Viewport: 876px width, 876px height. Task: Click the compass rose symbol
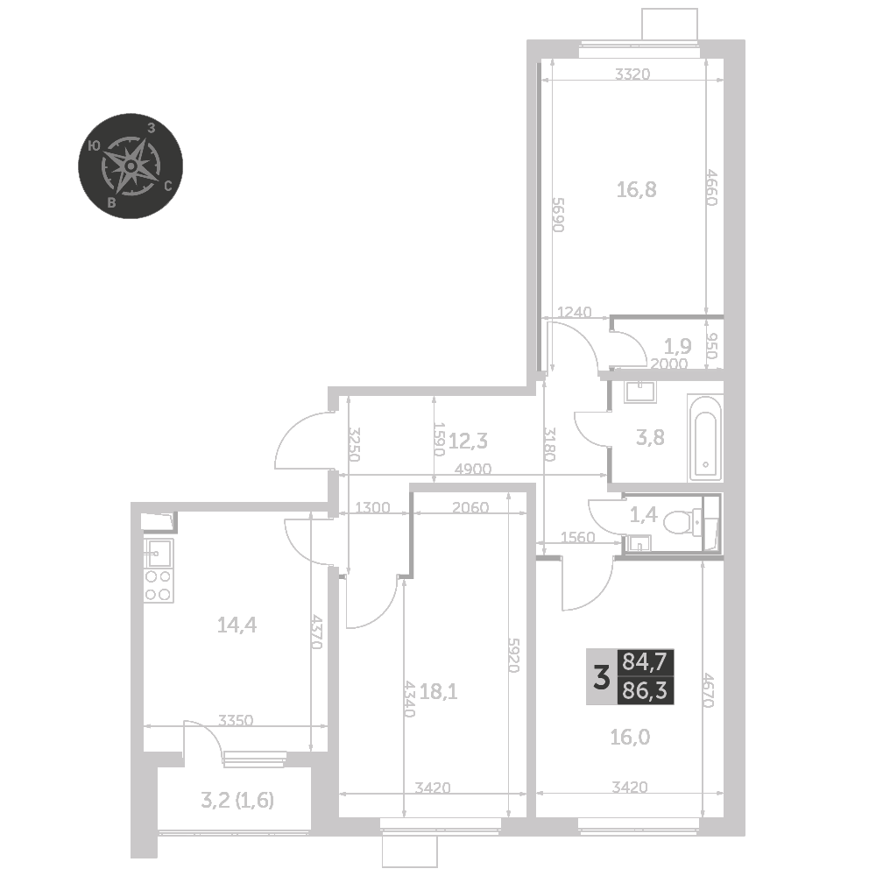pyautogui.click(x=131, y=166)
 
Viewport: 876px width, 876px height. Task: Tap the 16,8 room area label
pyautogui.click(x=636, y=190)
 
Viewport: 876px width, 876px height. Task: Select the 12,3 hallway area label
pyautogui.click(x=468, y=442)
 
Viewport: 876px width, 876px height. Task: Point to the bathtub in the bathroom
pyautogui.click(x=705, y=438)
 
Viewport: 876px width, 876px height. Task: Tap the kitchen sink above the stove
pyautogui.click(x=159, y=554)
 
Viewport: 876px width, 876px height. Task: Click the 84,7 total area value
pyautogui.click(x=645, y=662)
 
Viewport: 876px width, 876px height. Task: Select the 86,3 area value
pyautogui.click(x=645, y=691)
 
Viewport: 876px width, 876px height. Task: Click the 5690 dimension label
pyautogui.click(x=558, y=215)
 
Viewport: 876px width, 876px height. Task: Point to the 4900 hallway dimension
pyautogui.click(x=473, y=469)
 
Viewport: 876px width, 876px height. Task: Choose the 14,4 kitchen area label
pyautogui.click(x=237, y=625)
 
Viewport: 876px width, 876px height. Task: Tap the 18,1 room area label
pyautogui.click(x=439, y=692)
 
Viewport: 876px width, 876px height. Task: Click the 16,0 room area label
pyautogui.click(x=630, y=738)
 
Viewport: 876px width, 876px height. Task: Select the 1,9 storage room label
pyautogui.click(x=678, y=346)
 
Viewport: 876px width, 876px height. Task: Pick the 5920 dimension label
pyautogui.click(x=514, y=655)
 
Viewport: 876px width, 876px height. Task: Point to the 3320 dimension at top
pyautogui.click(x=632, y=74)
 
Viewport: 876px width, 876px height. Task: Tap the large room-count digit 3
pyautogui.click(x=601, y=678)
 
